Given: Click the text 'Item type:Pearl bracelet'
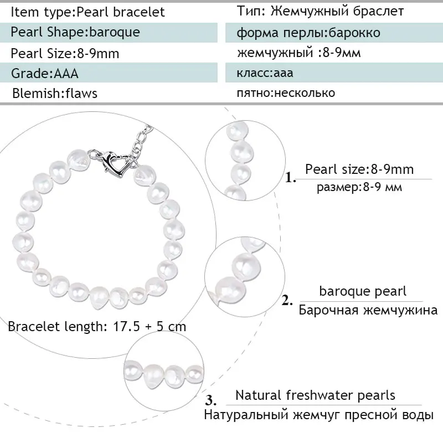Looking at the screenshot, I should pos(87,12).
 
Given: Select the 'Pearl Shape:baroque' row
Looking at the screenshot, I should pos(75,32).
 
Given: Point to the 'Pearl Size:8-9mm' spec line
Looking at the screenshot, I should pos(65,53).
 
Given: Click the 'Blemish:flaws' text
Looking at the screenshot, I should pos(55,93).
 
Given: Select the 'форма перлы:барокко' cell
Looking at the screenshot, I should pos(308,33).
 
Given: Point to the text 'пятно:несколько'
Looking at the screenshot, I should pos(286,92).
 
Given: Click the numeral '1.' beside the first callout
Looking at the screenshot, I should pos(291,178).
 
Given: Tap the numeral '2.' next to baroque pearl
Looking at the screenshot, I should pos(287,301).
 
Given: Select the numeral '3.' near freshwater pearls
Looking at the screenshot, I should pos(210,400).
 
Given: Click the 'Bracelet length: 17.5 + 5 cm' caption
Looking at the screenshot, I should pos(97,326).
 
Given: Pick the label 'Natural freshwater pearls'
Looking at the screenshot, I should pos(315,395).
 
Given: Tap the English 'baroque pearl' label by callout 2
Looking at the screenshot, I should pos(363,291).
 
